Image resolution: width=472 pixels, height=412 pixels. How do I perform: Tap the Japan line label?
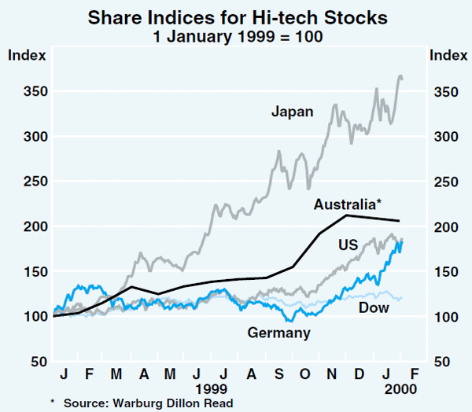click(293, 112)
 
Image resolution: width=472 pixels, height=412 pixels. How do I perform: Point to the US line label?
click(349, 245)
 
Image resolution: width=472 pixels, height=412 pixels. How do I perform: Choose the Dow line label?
click(374, 307)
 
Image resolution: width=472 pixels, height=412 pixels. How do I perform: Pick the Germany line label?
click(278, 333)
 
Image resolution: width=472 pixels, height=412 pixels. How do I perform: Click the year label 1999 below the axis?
click(212, 389)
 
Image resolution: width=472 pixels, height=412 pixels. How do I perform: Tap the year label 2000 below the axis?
click(400, 389)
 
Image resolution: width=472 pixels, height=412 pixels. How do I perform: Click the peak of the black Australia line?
click(346, 215)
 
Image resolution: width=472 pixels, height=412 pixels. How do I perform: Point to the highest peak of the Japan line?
click(400, 75)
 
